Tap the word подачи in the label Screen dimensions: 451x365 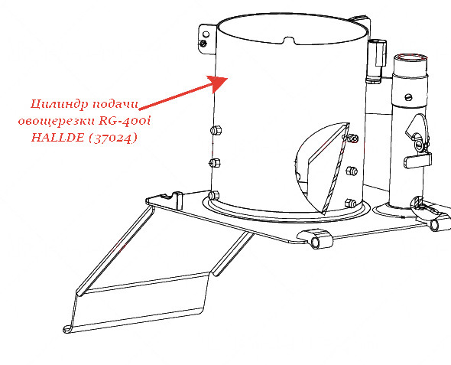(115, 104)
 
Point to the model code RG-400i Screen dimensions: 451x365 (125, 121)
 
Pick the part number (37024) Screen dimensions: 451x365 (113, 139)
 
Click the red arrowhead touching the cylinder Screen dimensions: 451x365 (217, 83)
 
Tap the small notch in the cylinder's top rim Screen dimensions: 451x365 (289, 40)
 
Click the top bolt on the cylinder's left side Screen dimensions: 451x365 (216, 130)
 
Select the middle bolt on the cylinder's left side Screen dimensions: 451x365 (215, 163)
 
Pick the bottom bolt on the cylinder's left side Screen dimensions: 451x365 (213, 195)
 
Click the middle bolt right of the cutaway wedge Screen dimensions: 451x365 (351, 171)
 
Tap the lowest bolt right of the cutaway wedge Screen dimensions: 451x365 (350, 204)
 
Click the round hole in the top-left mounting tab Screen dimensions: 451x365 (206, 34)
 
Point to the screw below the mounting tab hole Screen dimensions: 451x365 (203, 44)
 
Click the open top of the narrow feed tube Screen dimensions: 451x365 (410, 57)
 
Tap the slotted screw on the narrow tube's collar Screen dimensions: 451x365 (409, 97)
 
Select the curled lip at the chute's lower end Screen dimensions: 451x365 (68, 329)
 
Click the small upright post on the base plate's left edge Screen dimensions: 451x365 (178, 200)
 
